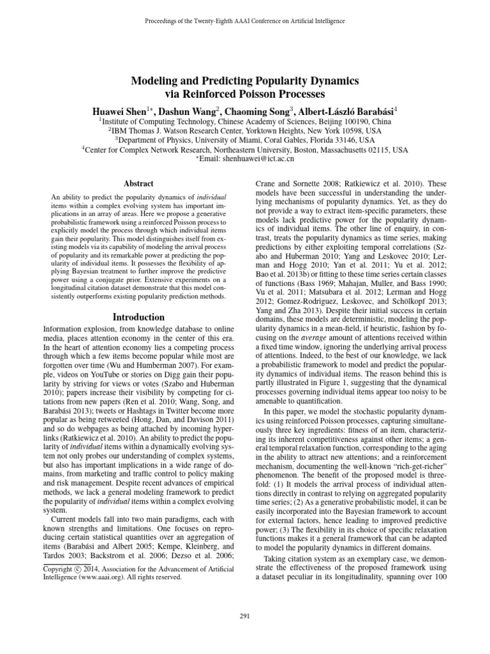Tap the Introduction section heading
[138, 317]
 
